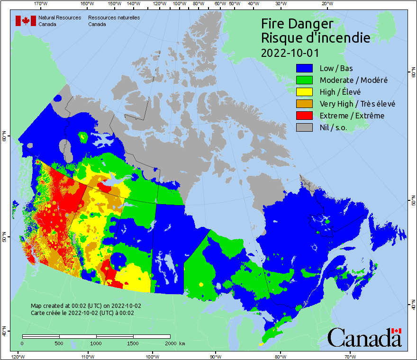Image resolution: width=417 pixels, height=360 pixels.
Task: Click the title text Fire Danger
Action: tap(297, 24)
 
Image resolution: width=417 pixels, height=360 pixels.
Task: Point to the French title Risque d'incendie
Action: tap(316, 38)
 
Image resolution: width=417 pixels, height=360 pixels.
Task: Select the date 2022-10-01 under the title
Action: tap(290, 53)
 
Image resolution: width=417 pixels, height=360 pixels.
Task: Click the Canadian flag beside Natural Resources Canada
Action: tap(26, 21)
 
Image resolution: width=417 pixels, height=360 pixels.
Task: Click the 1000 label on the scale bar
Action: tap(96, 343)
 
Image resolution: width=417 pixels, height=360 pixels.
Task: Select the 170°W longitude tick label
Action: tap(41, 4)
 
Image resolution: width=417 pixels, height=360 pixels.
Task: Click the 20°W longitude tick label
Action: tap(326, 4)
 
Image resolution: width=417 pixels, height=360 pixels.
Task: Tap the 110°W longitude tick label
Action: tap(86, 356)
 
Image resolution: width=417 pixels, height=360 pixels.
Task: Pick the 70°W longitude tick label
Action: tap(350, 356)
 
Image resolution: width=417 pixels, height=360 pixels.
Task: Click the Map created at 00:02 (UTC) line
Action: tap(86, 306)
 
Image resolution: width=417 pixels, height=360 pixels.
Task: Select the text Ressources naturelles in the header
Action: tap(114, 18)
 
